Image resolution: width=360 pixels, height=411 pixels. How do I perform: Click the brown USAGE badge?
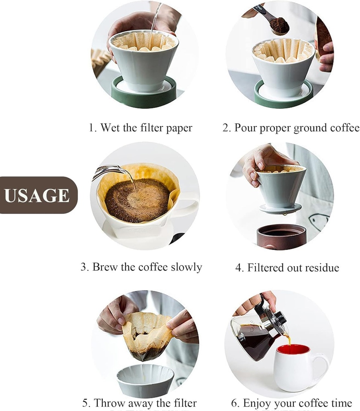[37, 195]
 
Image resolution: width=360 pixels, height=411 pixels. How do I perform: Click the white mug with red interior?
[296, 367]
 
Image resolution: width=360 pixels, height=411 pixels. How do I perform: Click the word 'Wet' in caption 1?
[110, 128]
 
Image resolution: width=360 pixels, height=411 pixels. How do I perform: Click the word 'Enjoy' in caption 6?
[258, 403]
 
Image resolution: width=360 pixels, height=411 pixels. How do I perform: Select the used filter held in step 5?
[147, 335]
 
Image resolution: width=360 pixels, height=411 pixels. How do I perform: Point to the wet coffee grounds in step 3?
[137, 200]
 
